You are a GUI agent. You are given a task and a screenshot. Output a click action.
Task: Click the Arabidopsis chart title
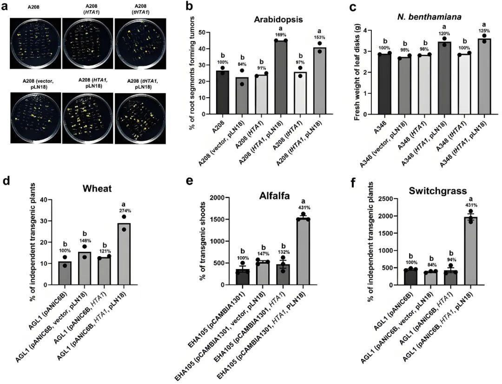pos(278,20)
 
